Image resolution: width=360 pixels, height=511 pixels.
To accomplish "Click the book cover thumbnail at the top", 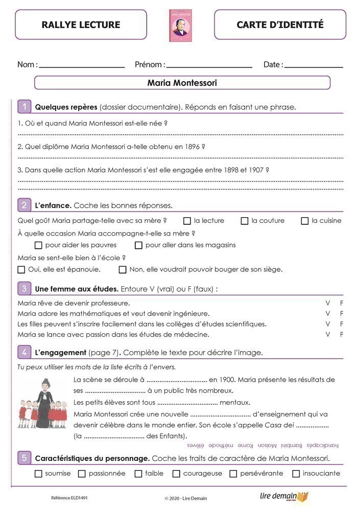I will [x=180, y=25].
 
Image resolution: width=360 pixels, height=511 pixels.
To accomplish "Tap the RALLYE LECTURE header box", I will [x=81, y=25].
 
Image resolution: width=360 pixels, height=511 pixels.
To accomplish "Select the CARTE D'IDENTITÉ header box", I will [x=280, y=25].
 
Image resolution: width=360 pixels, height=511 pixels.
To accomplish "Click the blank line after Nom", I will [x=82, y=66].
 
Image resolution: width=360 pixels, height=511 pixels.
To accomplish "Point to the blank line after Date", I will [x=314, y=66].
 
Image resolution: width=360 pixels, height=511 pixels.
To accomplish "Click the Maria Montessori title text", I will [x=182, y=82].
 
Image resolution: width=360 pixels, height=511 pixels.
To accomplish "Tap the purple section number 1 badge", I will [x=24, y=107].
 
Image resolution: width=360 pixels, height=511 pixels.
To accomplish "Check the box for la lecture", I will [x=187, y=221].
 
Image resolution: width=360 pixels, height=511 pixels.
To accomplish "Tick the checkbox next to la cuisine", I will [x=305, y=221].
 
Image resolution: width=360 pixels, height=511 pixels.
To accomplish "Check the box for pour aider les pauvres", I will [x=38, y=245].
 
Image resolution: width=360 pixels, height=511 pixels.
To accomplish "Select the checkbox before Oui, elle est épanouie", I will [x=21, y=269].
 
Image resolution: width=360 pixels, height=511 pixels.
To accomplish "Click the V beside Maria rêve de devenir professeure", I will [x=328, y=303].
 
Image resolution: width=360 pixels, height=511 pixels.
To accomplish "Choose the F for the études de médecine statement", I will [x=342, y=334].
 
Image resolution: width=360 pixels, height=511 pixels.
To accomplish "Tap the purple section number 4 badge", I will [x=24, y=352].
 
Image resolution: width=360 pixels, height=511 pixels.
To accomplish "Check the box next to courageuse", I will [x=176, y=474].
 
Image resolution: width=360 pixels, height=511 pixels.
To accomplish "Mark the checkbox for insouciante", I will [x=296, y=474].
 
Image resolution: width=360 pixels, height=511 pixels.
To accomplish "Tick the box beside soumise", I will [x=38, y=474].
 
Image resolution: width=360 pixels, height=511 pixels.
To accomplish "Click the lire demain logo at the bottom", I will [x=283, y=496].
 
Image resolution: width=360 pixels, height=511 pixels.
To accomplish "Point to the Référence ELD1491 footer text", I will [x=65, y=497].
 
